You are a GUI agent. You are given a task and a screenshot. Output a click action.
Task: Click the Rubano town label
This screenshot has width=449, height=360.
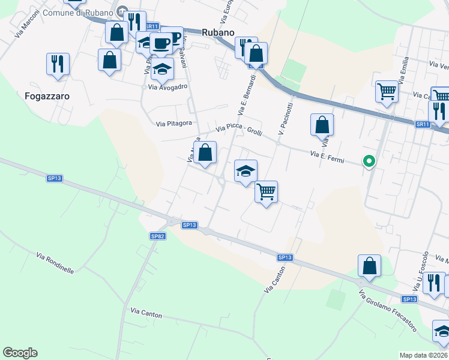(217, 32)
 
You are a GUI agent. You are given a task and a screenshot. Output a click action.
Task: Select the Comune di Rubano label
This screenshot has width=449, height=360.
(89, 11)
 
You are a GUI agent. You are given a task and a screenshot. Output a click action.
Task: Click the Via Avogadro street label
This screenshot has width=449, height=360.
(168, 86)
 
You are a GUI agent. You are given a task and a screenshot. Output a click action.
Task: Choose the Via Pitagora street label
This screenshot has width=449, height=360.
(173, 124)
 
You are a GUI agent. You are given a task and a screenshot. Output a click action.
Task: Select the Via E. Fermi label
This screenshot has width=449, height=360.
(327, 157)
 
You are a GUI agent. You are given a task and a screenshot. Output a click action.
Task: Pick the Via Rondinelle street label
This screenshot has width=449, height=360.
(55, 262)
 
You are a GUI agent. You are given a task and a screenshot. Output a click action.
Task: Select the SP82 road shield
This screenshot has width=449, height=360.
(157, 236)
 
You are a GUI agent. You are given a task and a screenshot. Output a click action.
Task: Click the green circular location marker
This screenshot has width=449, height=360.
(369, 161)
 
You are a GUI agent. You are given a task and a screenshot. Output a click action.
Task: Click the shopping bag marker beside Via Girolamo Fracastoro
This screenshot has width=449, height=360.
(369, 266)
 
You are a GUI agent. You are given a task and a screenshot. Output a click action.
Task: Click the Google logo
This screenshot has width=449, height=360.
(20, 353)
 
